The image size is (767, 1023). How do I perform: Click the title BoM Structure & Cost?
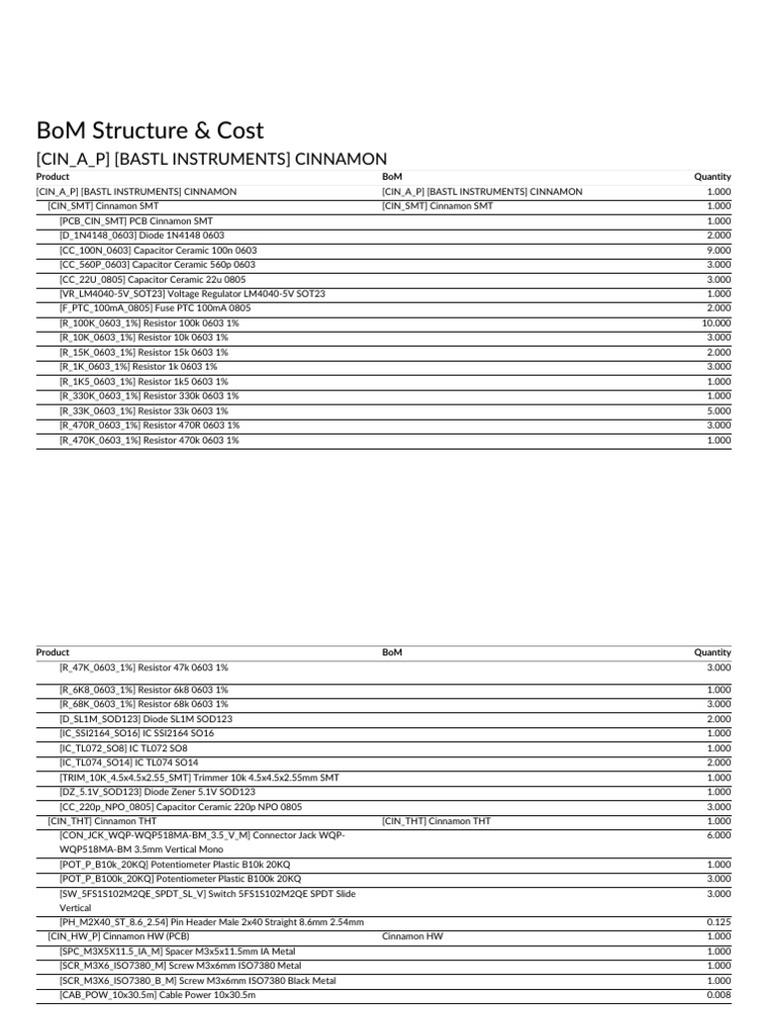[150, 130]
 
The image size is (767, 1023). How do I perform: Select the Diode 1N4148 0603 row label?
[142, 235]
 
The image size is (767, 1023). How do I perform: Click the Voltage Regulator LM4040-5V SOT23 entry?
[192, 294]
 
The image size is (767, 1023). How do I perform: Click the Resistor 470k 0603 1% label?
[149, 440]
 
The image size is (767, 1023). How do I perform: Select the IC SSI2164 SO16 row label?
[136, 733]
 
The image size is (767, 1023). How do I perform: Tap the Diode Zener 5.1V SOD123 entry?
[157, 791]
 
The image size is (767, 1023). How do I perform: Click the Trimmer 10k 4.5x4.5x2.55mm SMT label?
[199, 777]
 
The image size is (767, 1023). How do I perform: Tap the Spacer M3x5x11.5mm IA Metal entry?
[177, 951]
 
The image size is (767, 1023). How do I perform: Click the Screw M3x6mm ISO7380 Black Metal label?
[197, 980]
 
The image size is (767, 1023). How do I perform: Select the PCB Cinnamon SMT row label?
[136, 221]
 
